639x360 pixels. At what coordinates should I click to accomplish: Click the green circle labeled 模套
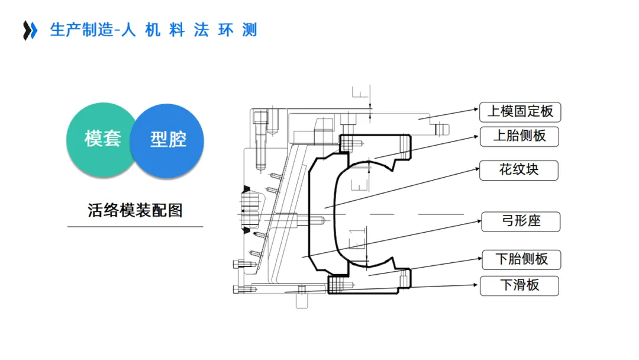102,140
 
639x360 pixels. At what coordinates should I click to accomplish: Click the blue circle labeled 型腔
168,140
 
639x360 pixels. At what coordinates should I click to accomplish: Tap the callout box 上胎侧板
519,136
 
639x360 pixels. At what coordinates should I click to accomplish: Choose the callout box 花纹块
519,170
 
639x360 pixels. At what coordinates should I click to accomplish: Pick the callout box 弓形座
520,221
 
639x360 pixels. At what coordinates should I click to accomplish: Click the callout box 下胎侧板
520,259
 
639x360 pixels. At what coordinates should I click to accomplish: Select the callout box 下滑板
519,285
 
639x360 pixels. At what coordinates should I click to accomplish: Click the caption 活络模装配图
135,210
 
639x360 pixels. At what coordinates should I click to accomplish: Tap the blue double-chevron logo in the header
30,30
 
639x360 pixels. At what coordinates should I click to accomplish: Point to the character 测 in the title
250,30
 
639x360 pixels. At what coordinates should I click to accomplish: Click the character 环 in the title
225,30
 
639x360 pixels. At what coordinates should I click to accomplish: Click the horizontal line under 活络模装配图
135,226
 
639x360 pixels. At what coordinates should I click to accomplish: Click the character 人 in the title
128,30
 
